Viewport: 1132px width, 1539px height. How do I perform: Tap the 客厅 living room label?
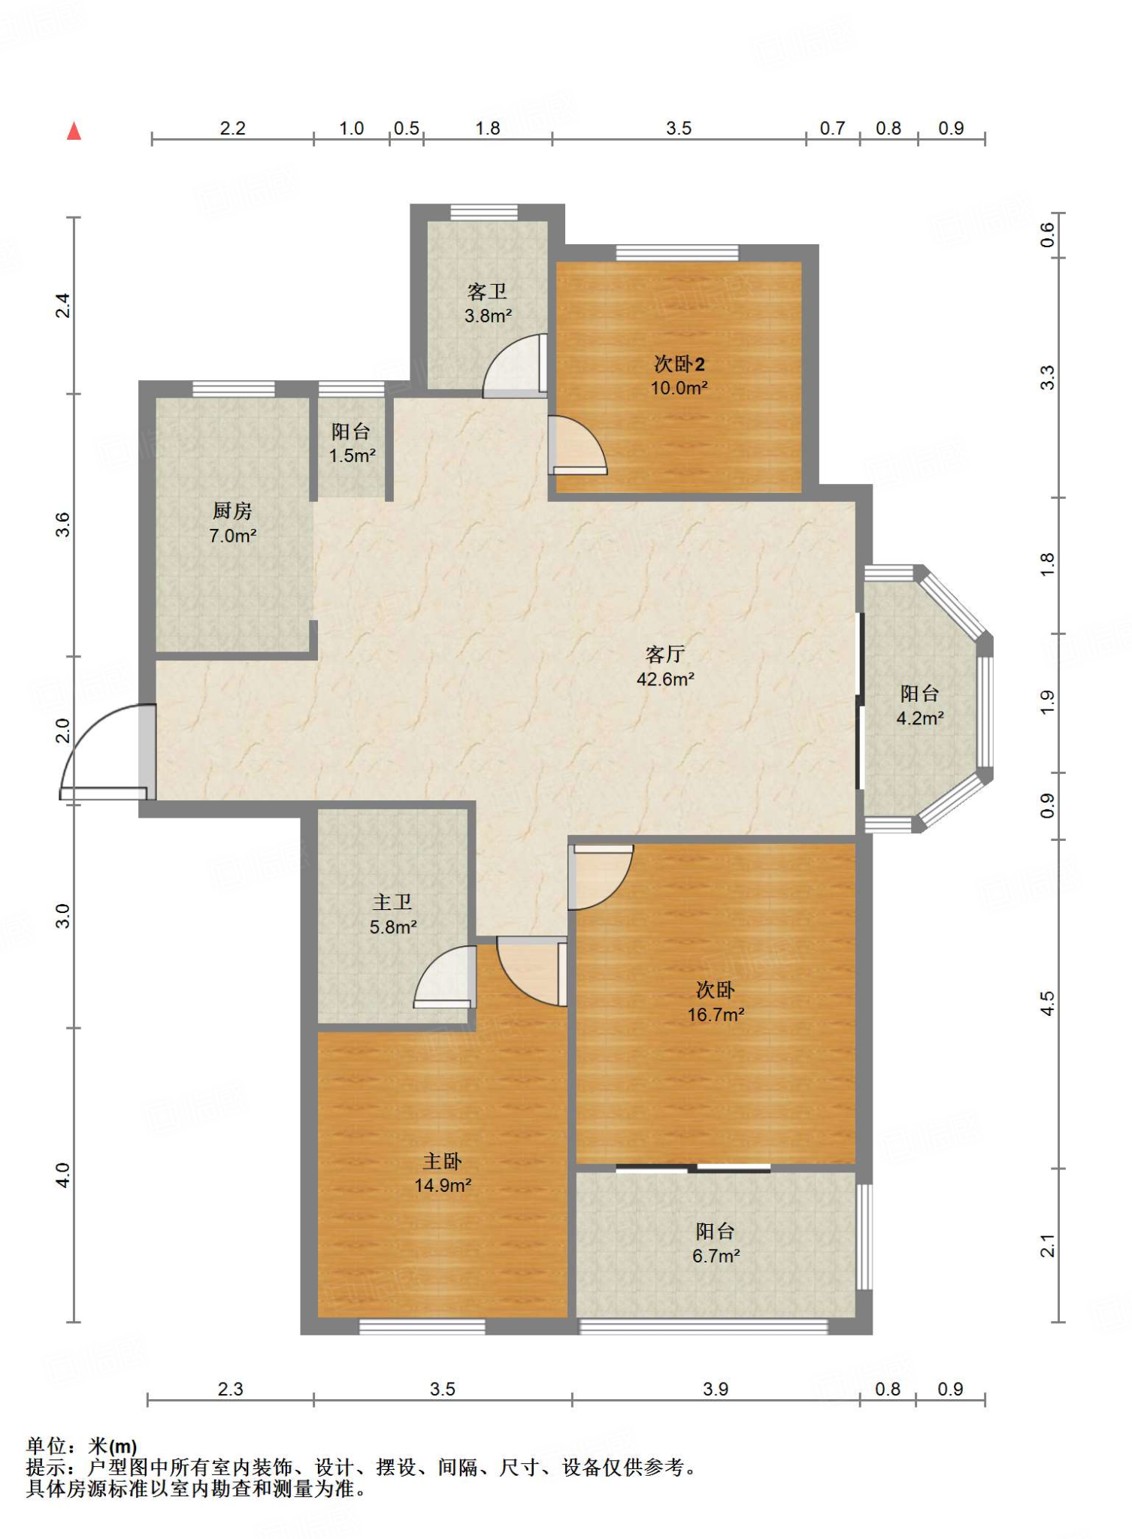tap(665, 655)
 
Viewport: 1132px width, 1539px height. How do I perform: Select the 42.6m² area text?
tap(665, 679)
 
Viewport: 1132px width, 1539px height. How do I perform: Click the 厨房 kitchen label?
tap(232, 511)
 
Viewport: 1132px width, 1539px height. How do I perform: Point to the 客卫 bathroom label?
tap(487, 292)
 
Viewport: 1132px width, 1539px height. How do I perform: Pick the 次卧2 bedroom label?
tap(679, 364)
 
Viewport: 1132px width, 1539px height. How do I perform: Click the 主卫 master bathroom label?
tap(392, 902)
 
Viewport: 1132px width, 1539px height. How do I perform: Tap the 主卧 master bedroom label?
tap(442, 1161)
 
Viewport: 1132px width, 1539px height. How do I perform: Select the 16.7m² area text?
tap(716, 1014)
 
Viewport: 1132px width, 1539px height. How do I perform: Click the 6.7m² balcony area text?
tap(716, 1256)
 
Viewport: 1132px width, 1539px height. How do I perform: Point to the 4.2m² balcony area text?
tap(919, 718)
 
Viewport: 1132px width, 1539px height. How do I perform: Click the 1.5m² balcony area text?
tap(352, 455)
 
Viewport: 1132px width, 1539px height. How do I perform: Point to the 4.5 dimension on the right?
tap(1047, 1003)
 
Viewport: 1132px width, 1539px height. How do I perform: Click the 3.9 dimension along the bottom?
tap(715, 1389)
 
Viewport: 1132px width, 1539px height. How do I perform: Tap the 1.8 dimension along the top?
tap(487, 128)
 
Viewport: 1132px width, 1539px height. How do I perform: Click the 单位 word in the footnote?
tap(47, 1446)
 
